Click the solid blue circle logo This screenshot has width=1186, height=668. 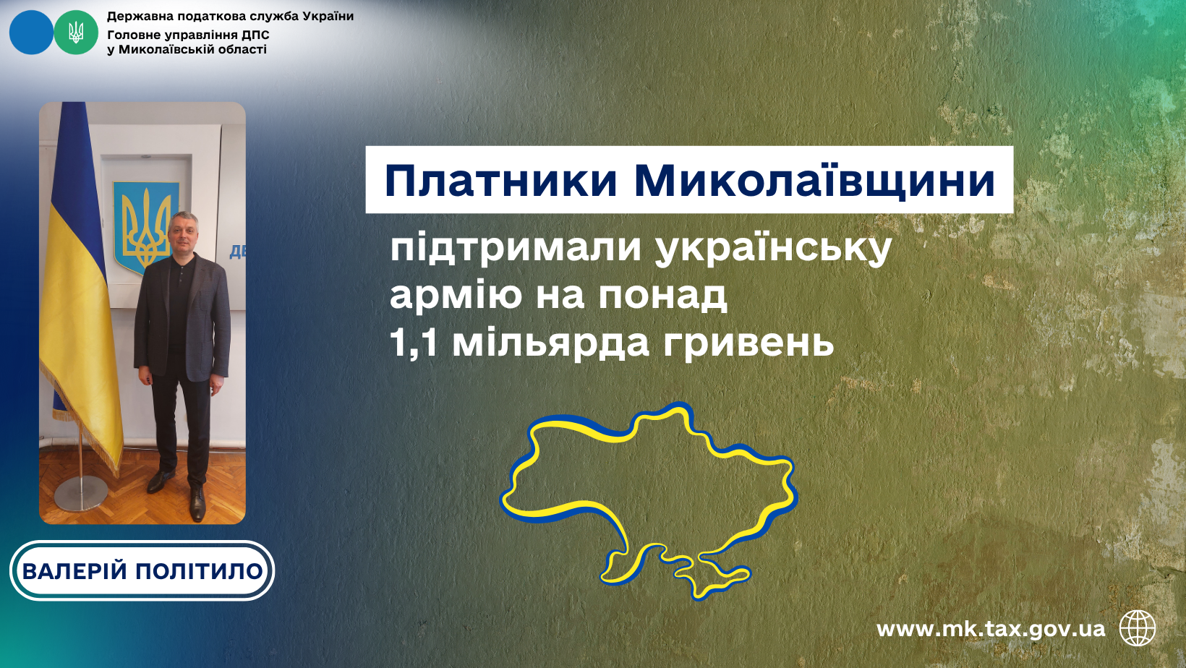[31, 33]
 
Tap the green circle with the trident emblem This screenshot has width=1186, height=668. [76, 33]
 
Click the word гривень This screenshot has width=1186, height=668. [748, 344]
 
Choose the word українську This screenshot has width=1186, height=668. [773, 248]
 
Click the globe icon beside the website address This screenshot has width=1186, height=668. [1138, 628]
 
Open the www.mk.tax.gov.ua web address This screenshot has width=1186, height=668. [991, 630]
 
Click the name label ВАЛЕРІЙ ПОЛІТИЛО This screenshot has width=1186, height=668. [142, 570]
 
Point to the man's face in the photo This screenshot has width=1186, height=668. [183, 234]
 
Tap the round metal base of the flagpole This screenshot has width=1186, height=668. [81, 493]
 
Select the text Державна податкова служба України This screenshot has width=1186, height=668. [230, 16]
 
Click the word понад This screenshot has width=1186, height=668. [663, 296]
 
